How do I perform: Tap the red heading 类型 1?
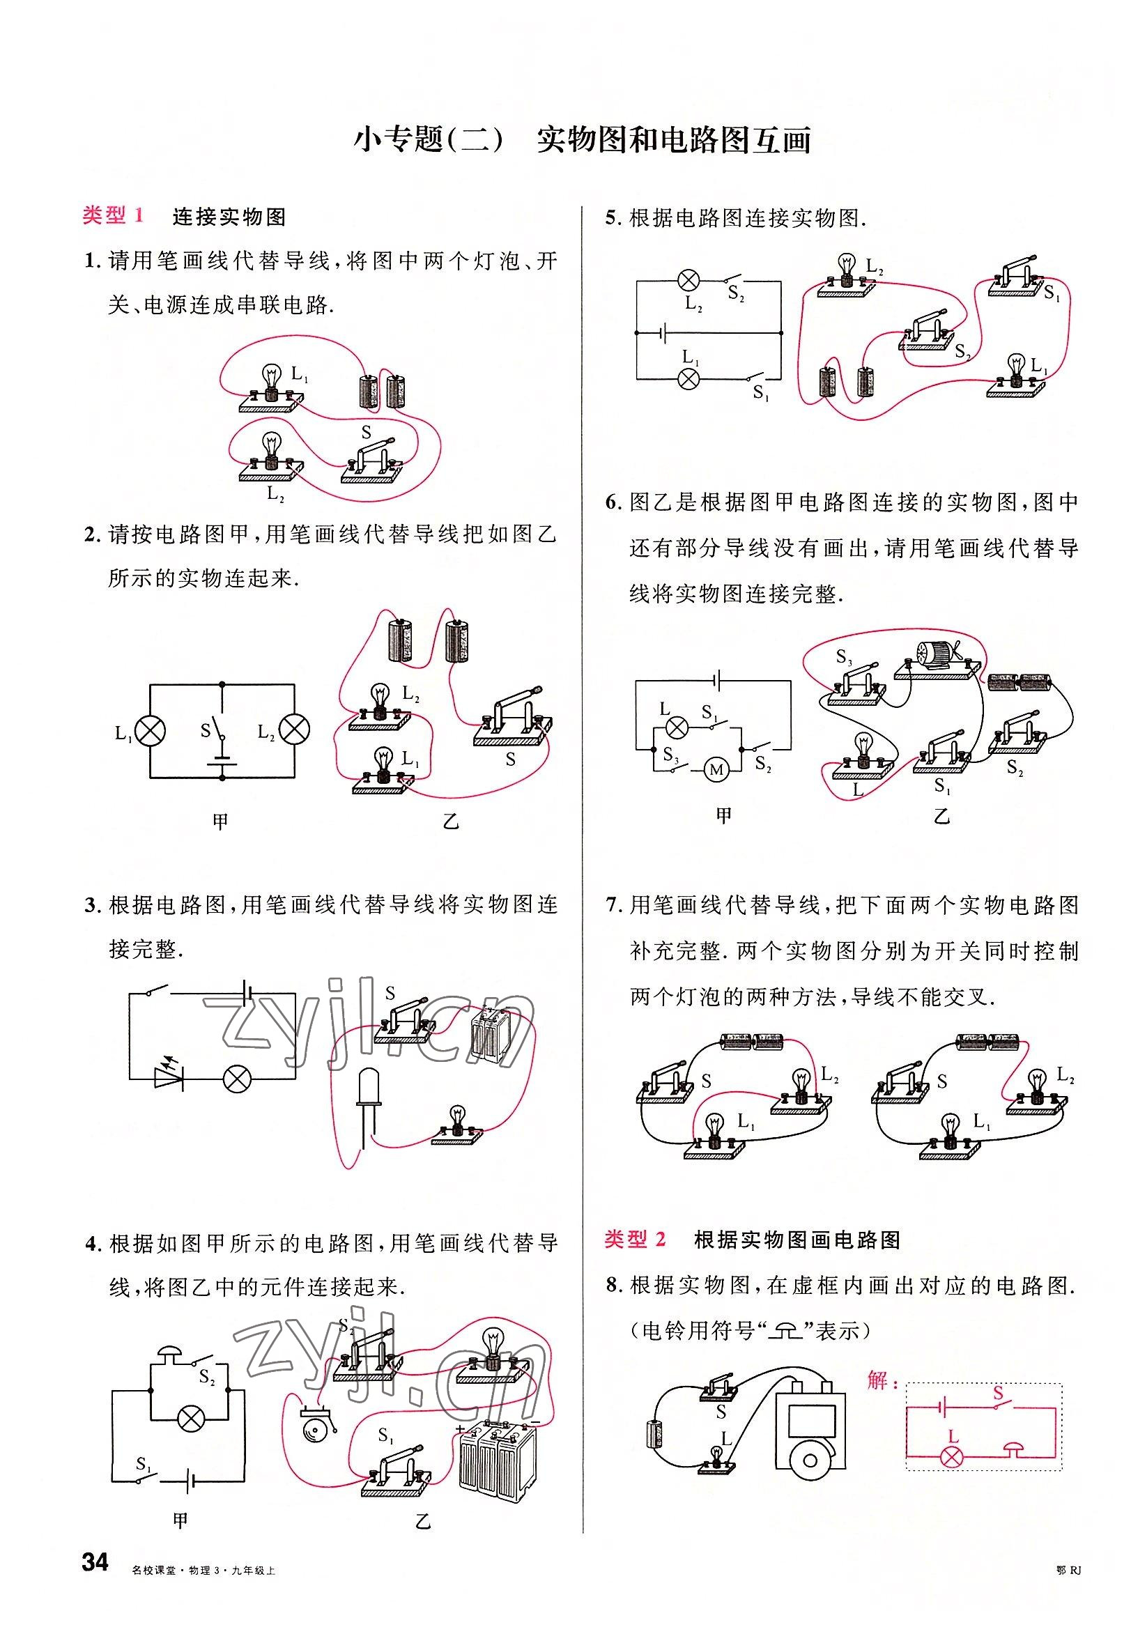(114, 215)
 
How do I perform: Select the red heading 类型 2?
(635, 1239)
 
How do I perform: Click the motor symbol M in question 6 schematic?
(716, 769)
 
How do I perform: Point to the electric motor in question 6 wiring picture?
(934, 656)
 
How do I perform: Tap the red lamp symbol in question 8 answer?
(952, 1457)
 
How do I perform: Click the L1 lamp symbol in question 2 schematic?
(151, 731)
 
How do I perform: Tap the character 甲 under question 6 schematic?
(723, 816)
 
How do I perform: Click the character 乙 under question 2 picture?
(452, 822)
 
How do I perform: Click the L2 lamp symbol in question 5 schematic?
(688, 280)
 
